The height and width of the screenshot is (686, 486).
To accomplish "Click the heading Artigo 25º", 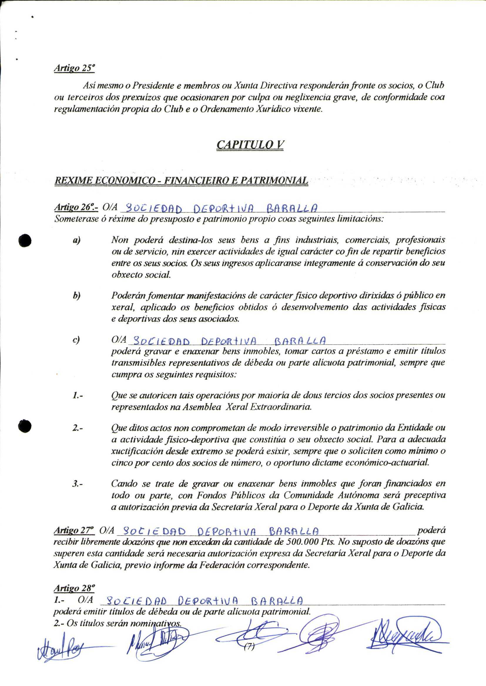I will pyautogui.click(x=74, y=68).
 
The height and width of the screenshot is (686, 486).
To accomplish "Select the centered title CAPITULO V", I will pyautogui.click(x=250, y=145).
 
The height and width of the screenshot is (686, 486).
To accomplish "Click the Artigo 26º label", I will pyautogui.click(x=76, y=207).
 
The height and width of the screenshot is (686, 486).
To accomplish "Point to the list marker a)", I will pyautogui.click(x=77, y=240).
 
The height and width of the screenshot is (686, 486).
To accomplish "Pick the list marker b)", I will pyautogui.click(x=77, y=296).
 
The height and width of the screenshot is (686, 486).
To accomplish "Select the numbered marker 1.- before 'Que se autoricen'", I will pyautogui.click(x=78, y=396).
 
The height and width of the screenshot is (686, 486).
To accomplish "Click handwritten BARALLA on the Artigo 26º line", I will pyautogui.click(x=292, y=208).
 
